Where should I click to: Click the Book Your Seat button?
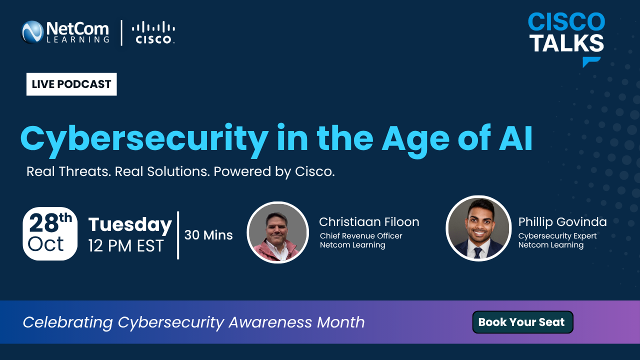[x=522, y=322]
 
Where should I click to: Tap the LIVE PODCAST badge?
[x=71, y=84]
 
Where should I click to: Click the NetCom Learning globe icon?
[x=32, y=32]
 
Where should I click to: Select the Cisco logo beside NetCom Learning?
[x=153, y=32]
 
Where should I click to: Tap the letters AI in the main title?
[x=515, y=138]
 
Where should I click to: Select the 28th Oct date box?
[x=50, y=233]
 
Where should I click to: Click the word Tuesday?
[x=130, y=225]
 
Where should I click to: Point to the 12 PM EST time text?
[x=126, y=246]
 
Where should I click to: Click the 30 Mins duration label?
[x=208, y=235]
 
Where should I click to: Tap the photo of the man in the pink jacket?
[x=277, y=232]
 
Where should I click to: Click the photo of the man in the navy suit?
[x=478, y=228]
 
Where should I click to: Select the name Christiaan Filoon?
[x=369, y=222]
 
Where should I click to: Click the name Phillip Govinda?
[x=562, y=222]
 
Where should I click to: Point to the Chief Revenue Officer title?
[x=361, y=235]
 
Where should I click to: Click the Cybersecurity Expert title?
[x=557, y=236]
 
